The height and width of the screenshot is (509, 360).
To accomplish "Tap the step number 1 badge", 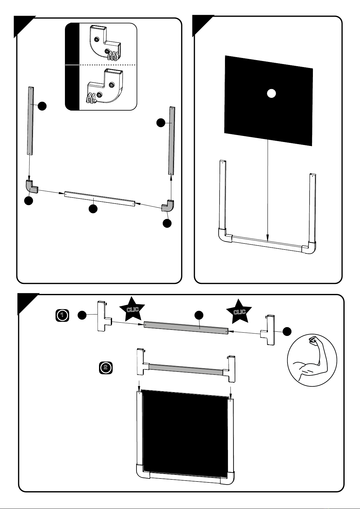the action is coord(62,315).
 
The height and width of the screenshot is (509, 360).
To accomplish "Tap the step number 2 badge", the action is coord(106,368).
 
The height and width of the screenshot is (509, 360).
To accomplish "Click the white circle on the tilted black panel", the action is coord(271,94).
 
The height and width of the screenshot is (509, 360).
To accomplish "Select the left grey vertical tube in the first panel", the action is coord(31,121).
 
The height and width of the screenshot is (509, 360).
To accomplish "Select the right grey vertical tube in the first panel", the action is coord(172,140).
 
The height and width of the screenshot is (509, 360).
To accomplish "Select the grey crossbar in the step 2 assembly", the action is coord(185,369).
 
